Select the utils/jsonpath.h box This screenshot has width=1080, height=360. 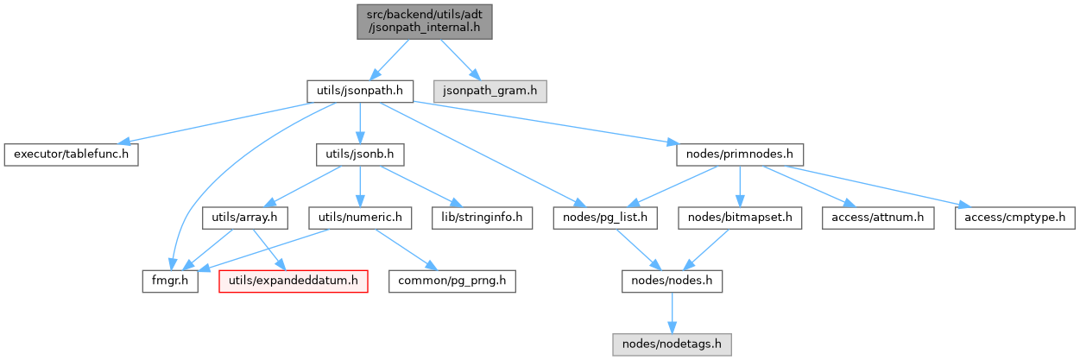point(359,89)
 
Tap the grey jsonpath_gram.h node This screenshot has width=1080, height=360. point(490,89)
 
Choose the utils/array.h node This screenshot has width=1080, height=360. point(243,218)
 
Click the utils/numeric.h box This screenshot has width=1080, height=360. point(360,218)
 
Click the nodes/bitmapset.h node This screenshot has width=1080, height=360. point(741,218)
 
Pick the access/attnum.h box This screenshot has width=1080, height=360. point(875,218)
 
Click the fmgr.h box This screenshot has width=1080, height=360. point(171,281)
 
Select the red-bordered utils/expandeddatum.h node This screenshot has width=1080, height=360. point(294,281)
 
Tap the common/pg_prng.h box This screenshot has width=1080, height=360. point(452,281)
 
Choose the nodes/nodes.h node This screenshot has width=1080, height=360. point(673,281)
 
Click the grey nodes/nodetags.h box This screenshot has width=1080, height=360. point(673,345)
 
